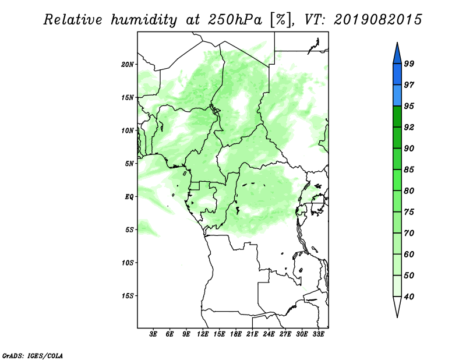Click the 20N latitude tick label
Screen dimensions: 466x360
(x=128, y=65)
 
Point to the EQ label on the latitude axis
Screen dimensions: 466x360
(x=129, y=197)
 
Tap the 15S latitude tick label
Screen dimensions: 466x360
(x=128, y=296)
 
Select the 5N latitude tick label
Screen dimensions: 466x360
(x=129, y=164)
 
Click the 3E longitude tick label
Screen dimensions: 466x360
(x=153, y=334)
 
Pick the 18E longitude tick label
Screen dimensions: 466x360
(x=236, y=334)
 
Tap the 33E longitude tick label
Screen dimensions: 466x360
(x=318, y=334)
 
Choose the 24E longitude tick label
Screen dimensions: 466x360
(x=269, y=334)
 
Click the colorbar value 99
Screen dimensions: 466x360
(x=409, y=63)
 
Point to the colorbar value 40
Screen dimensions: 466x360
(x=409, y=297)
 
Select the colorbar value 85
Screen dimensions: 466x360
(x=409, y=170)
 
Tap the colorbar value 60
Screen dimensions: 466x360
(x=409, y=254)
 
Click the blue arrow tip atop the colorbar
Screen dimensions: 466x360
(x=397, y=43)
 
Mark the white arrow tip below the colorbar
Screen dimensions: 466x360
(x=397, y=317)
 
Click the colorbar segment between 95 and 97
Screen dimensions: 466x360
(x=397, y=96)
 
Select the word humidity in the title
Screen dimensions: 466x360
(x=144, y=20)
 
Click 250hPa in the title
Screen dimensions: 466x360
(x=235, y=20)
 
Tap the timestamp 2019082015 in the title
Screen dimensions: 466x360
(x=377, y=20)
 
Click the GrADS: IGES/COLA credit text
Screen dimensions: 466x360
(x=33, y=355)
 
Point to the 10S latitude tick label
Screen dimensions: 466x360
(x=128, y=263)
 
